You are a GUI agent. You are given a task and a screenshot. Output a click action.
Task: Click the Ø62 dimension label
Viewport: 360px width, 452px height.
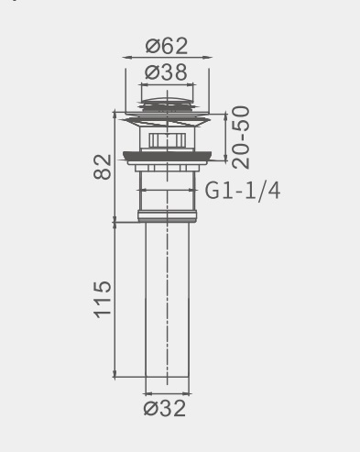pos(167,46)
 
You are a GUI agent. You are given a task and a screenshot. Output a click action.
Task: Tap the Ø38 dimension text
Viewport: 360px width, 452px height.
pos(166,72)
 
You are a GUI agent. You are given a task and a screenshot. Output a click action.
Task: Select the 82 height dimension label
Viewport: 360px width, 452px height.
pos(103,167)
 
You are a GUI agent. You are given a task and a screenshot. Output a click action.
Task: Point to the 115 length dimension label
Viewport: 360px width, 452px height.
pos(103,300)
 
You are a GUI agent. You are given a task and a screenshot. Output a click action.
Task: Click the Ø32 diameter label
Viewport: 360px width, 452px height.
pos(165,408)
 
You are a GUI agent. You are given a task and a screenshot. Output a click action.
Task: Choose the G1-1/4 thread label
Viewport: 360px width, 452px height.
pos(243,191)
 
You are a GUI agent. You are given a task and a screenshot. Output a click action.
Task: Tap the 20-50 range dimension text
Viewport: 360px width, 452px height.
pos(241,138)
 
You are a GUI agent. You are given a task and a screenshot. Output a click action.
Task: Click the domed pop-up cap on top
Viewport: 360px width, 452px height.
pos(167,102)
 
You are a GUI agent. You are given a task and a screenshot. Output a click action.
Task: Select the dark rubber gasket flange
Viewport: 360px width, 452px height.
pos(167,156)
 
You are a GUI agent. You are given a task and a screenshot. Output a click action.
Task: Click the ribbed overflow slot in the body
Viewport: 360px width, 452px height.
pos(168,140)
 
